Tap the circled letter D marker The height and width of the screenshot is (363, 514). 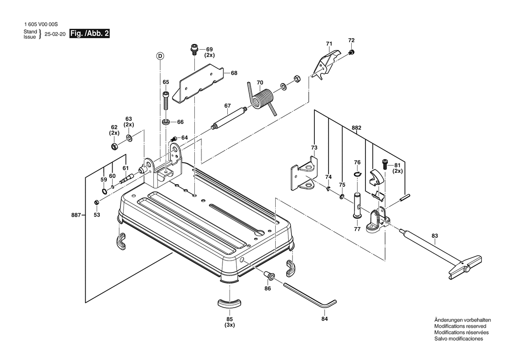(160, 56)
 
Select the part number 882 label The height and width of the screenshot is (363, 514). (357, 128)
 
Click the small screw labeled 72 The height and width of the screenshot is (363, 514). (352, 53)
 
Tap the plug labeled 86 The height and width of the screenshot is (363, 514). (269, 276)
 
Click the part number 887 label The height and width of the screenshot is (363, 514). (76, 215)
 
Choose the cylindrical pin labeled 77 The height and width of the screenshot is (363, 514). (357, 204)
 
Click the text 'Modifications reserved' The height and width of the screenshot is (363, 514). (460, 327)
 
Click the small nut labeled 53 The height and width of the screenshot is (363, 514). (95, 202)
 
